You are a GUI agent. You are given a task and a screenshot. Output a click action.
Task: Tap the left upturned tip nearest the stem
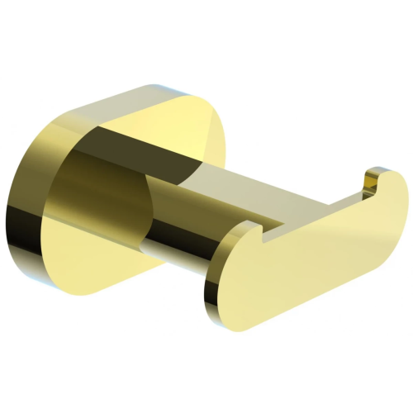coord(248,227)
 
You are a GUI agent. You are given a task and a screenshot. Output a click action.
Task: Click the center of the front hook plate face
coord(314,248)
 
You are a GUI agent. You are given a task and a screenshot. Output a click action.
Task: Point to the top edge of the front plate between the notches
coord(314,206)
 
